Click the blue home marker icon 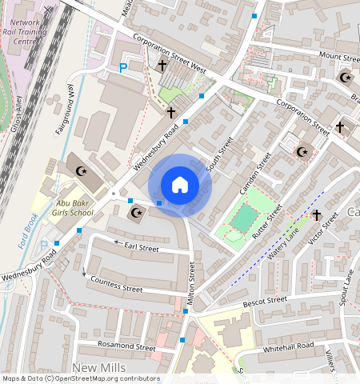click(180, 185)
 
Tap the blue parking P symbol click(122, 69)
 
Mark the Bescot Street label click(265, 302)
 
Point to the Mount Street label click(339, 57)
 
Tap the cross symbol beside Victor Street click(316, 215)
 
